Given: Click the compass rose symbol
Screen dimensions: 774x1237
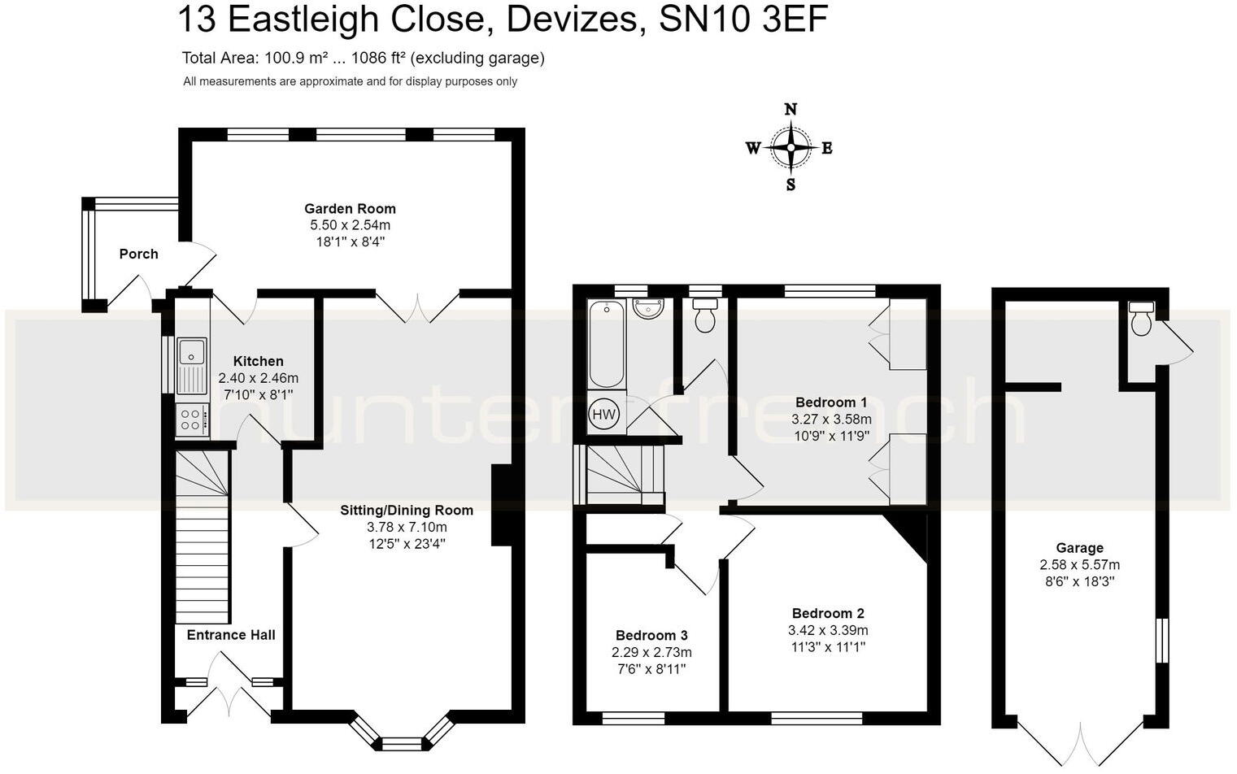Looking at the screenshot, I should (790, 147).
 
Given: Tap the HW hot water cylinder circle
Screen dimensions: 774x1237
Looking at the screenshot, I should (603, 414).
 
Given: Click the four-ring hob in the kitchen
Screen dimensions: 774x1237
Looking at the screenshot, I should (191, 420).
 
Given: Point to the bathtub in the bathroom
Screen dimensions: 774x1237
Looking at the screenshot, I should (606, 344).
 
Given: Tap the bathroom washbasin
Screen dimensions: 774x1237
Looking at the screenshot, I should (649, 310).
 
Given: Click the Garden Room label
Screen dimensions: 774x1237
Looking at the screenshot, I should (350, 208).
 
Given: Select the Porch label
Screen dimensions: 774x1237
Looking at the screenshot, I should (138, 254).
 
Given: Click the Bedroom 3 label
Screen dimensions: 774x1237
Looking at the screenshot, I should (651, 635).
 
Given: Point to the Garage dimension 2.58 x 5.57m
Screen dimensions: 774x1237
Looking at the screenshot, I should (1079, 565).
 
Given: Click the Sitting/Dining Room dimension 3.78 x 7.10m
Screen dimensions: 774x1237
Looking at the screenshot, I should (407, 527).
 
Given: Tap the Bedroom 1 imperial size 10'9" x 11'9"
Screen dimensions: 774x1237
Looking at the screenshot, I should (831, 436).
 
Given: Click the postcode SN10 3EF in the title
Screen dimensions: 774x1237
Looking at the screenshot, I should (743, 20).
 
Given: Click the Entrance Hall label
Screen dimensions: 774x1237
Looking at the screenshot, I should (231, 635).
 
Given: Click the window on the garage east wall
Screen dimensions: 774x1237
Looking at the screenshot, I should (1162, 640).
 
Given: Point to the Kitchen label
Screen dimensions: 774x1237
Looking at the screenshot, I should (258, 361).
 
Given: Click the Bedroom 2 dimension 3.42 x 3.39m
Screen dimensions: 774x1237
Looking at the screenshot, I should (828, 630).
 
